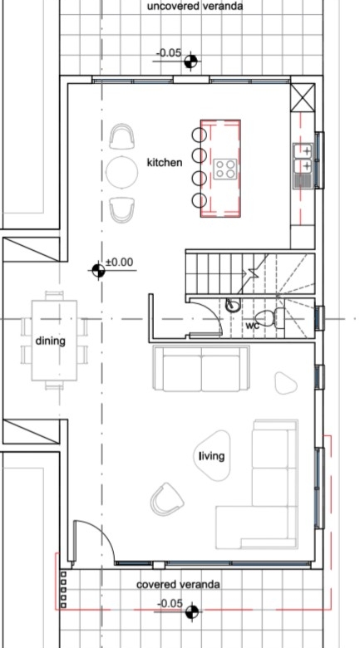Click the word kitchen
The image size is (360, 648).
(165, 162)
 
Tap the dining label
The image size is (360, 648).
(50, 341)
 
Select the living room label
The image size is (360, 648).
(212, 456)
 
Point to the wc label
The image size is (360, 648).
(253, 326)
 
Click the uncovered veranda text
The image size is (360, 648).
(195, 6)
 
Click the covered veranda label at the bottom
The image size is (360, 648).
(178, 585)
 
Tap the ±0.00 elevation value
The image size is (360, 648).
(120, 262)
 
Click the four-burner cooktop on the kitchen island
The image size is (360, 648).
(226, 169)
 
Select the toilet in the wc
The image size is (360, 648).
(270, 318)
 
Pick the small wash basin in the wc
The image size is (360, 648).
(232, 306)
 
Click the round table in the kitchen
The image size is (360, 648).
(121, 172)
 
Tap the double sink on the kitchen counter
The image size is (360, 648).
(303, 165)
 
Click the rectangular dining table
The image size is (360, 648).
(54, 340)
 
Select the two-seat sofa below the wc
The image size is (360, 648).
(201, 368)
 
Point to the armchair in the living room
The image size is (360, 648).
(167, 499)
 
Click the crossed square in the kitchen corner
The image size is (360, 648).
(303, 97)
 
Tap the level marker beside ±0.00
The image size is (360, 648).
(98, 271)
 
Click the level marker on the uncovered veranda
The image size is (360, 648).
(190, 62)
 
